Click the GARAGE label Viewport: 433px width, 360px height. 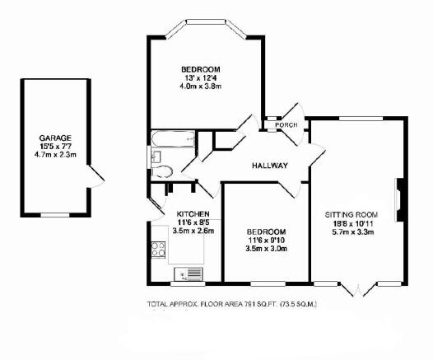point(55,138)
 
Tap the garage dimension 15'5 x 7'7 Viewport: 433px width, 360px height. point(55,147)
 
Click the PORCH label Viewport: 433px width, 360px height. point(286,125)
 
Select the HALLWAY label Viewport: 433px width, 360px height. point(270,166)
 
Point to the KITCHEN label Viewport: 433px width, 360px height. point(193,214)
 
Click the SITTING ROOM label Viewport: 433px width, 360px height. point(352,215)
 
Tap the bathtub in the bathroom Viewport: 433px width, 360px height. point(173,139)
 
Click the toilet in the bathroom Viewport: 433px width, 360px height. point(162,171)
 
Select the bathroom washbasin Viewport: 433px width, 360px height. point(156,157)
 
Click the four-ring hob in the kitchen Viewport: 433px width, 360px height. point(158,250)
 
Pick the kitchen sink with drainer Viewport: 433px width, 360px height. point(188,274)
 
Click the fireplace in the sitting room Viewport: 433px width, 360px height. point(400,199)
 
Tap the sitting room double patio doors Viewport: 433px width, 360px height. point(358,289)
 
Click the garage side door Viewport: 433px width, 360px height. point(95,176)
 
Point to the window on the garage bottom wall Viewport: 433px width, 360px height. point(55,215)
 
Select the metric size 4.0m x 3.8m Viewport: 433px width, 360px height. point(201,86)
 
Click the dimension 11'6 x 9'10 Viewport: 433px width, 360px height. point(266,240)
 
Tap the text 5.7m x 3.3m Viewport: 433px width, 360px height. point(353,232)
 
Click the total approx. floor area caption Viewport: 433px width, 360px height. point(231,305)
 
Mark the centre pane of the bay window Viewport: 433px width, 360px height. point(206,21)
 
